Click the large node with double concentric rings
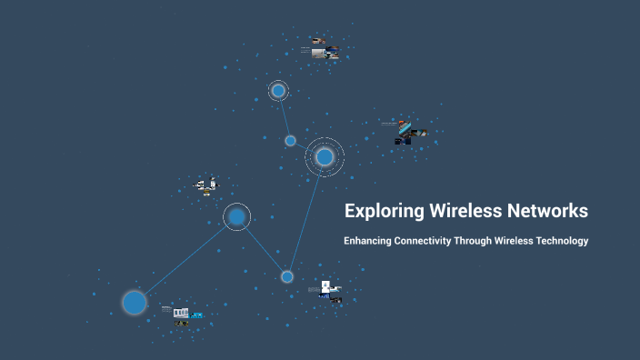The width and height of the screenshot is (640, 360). [x=325, y=157]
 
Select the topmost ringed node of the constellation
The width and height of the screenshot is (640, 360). [x=278, y=91]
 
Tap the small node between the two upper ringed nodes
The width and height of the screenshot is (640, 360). [x=290, y=141]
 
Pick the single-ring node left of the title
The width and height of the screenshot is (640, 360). [x=236, y=216]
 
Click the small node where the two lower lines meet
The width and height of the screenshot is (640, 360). [x=287, y=276]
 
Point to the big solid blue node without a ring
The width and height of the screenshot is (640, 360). [x=135, y=302]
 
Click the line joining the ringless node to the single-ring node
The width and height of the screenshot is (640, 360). [x=185, y=259]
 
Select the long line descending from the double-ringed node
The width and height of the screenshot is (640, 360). [x=306, y=216]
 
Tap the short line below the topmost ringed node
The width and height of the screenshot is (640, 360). [x=285, y=116]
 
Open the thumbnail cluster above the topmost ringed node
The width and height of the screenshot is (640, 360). [x=323, y=48]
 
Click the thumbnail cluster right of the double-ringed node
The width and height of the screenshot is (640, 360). [x=405, y=132]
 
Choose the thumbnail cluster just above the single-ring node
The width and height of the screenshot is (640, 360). [x=207, y=185]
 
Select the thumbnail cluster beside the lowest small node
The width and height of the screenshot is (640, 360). [x=327, y=291]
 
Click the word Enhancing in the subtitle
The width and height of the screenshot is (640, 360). [x=369, y=242]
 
